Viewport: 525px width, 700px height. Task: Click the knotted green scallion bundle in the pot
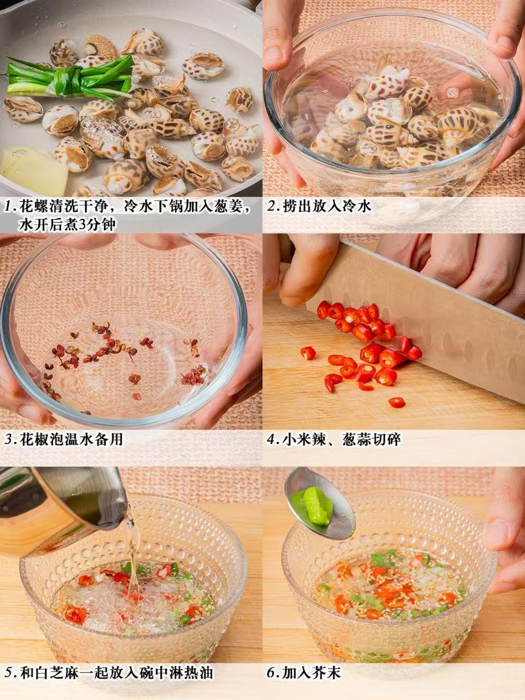coord(68,78)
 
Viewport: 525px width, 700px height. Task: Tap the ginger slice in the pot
coord(33,171)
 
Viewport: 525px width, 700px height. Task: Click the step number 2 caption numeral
coord(273,206)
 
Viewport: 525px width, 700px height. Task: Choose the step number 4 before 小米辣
coord(273,440)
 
